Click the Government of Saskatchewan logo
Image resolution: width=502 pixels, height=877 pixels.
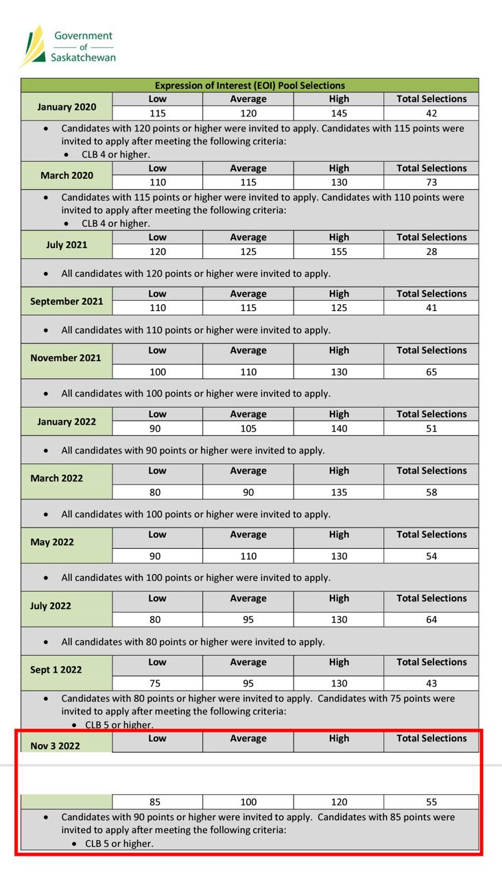tap(68, 46)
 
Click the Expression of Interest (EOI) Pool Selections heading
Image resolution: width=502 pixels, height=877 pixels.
tap(250, 86)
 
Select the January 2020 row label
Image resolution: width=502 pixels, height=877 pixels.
tap(67, 107)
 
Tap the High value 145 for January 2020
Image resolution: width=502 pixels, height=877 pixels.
tap(339, 114)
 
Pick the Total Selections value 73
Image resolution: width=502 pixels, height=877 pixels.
tap(431, 182)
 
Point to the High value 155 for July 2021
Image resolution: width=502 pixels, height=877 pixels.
tap(339, 251)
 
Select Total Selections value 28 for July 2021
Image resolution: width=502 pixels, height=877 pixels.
tap(431, 251)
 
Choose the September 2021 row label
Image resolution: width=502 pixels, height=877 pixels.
tap(67, 301)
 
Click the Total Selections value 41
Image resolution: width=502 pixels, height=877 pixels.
tap(431, 308)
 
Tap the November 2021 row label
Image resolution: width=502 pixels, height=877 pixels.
tap(66, 358)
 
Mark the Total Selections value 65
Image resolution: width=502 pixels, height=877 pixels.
tap(431, 372)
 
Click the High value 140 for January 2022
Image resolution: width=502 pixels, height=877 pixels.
tap(339, 428)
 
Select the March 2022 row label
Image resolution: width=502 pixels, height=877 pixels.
tap(57, 478)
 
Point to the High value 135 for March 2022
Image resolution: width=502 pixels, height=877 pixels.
tap(339, 492)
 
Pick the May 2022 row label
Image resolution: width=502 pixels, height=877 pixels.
tap(52, 542)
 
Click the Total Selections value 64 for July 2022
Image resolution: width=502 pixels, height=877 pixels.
tap(431, 619)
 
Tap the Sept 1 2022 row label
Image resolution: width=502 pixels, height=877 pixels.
tap(56, 669)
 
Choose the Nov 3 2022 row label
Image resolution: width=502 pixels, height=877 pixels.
tap(55, 745)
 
